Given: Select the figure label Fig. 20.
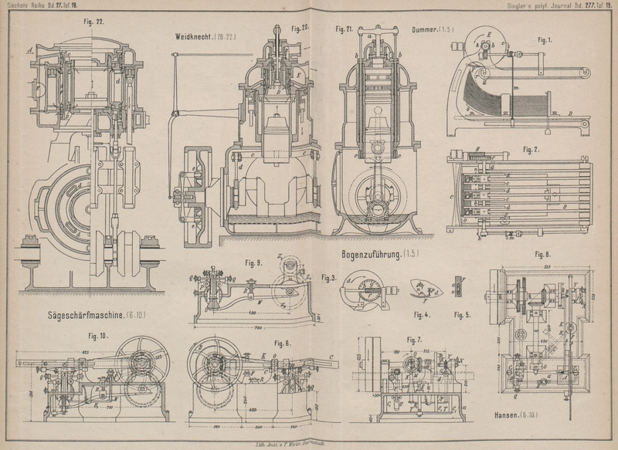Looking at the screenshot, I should pyautogui.click(x=300, y=28).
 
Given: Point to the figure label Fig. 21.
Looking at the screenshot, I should pyautogui.click(x=344, y=29).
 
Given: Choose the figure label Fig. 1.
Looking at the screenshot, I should pyautogui.click(x=545, y=39).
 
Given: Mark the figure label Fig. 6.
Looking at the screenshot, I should pyautogui.click(x=283, y=343).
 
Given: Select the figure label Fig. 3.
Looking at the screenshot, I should pyautogui.click(x=328, y=278).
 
